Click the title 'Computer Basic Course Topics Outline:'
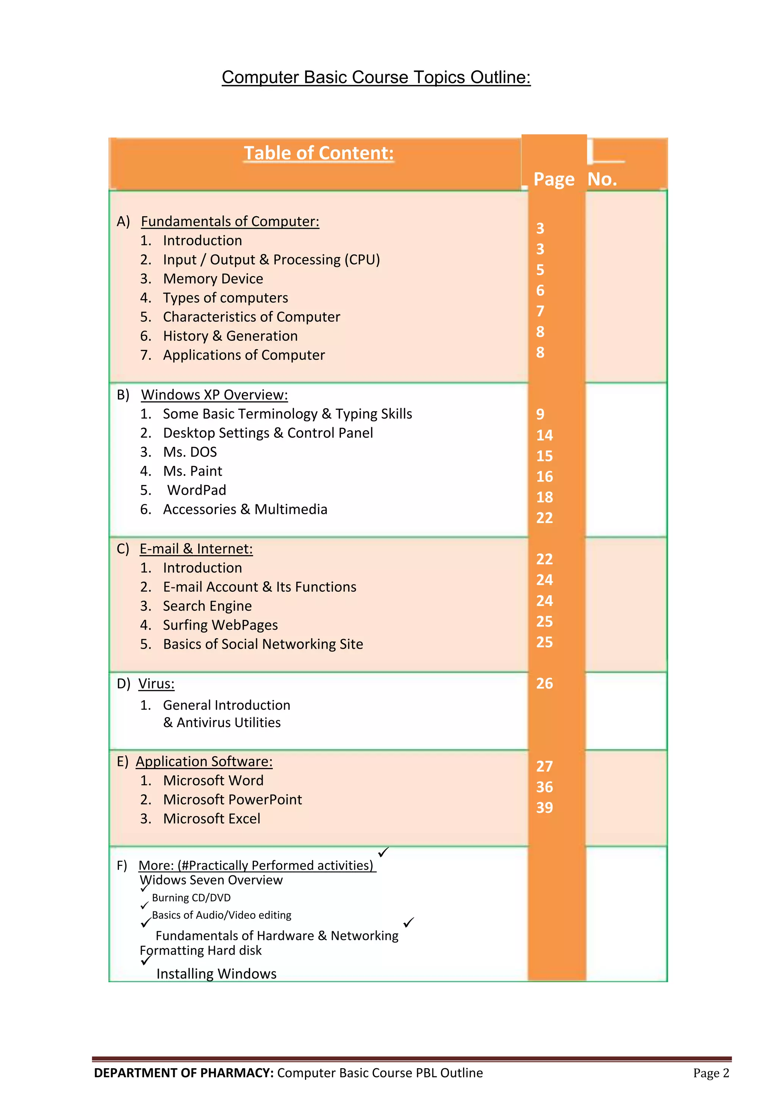376,77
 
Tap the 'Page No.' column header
575,179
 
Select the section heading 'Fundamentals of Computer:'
230,221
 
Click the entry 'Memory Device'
213,279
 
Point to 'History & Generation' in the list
230,336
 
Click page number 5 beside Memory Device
540,270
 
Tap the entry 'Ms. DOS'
190,452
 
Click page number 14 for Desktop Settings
544,435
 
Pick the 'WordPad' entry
197,490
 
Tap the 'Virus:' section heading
156,684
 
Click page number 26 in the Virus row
544,684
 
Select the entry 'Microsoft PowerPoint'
232,799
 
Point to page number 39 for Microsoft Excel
544,807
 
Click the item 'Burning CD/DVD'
191,898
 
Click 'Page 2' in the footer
711,1073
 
